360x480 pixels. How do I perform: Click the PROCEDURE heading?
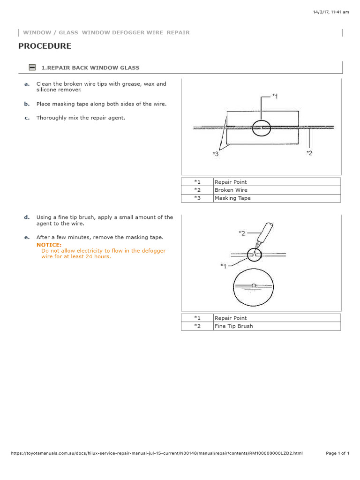(x=45, y=46)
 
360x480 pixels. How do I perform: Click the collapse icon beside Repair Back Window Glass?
(x=32, y=67)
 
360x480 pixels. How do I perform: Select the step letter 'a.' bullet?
(x=27, y=84)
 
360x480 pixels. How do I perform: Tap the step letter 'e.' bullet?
(x=27, y=237)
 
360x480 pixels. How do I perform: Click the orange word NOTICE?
(x=49, y=245)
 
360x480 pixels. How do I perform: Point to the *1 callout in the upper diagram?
(x=275, y=96)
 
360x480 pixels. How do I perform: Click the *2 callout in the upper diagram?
(x=309, y=152)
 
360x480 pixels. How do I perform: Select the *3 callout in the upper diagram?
(x=215, y=154)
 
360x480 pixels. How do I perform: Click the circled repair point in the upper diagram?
(x=261, y=127)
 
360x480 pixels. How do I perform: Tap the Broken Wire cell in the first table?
(x=231, y=190)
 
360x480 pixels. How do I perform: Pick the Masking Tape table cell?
(x=232, y=198)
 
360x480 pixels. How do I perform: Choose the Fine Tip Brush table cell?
(x=233, y=326)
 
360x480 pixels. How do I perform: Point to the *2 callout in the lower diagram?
(x=242, y=233)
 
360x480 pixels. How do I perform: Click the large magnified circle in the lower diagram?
(x=253, y=287)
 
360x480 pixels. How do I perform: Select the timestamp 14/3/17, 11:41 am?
(x=331, y=12)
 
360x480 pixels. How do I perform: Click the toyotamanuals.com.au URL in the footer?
(x=157, y=453)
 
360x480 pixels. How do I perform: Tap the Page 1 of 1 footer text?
(x=337, y=453)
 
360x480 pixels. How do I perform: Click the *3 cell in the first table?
(x=197, y=198)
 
